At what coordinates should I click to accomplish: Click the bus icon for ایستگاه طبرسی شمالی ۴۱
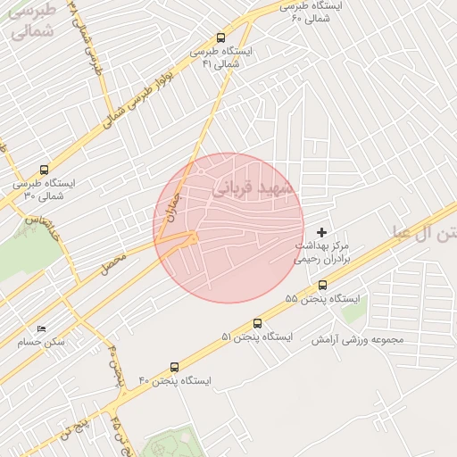pos(220,37)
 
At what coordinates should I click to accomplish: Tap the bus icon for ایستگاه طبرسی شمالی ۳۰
pos(45,170)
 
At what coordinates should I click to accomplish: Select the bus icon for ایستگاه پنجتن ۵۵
pos(322,285)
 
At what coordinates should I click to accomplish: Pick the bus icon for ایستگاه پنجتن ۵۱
pos(258,323)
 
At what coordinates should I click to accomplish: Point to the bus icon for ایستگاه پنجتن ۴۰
pos(173,367)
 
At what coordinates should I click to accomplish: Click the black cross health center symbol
pos(322,233)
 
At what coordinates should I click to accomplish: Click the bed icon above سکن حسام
pos(40,329)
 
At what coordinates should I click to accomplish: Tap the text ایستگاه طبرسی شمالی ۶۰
pos(310,12)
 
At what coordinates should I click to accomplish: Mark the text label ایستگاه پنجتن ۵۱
pos(257,337)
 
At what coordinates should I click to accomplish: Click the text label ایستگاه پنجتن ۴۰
pos(174,381)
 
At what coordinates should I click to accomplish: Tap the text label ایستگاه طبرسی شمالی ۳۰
pos(45,189)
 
